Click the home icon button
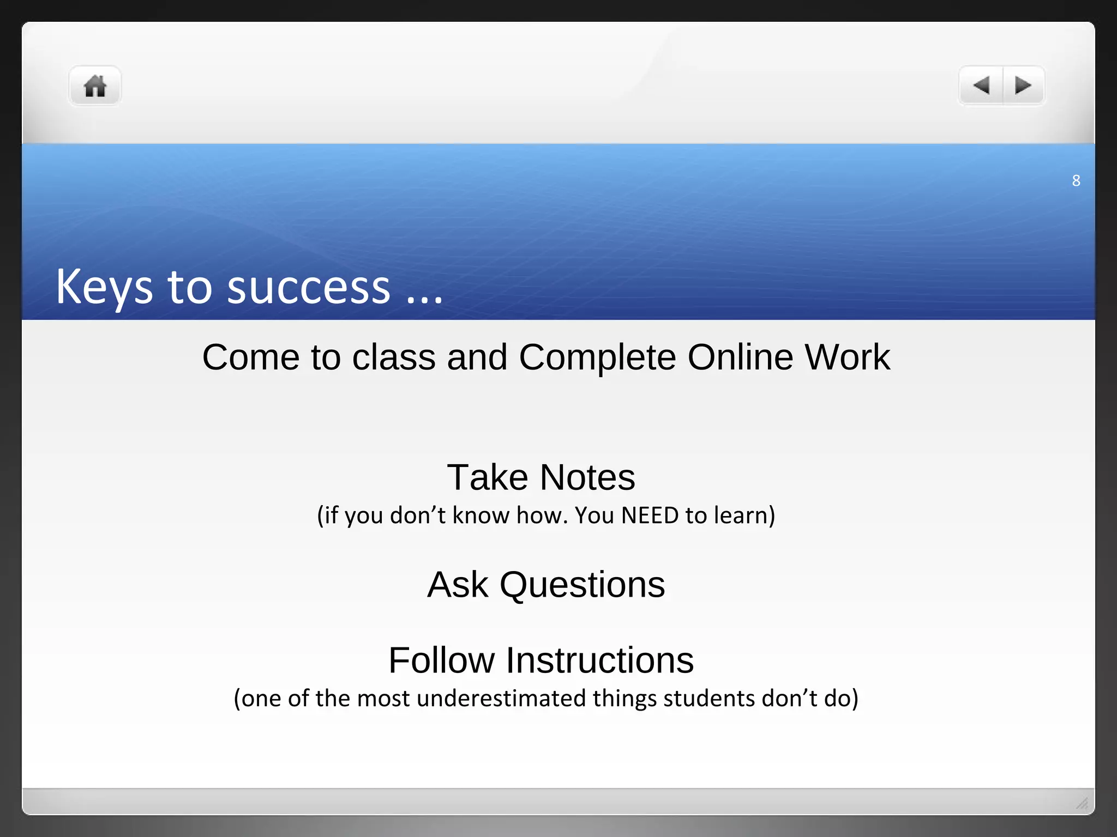point(95,86)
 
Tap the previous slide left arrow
point(981,86)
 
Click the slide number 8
point(1076,180)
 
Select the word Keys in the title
point(104,287)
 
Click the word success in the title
point(309,287)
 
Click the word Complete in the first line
point(597,357)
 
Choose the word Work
point(848,357)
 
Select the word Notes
point(587,477)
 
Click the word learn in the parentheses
point(740,515)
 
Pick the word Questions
point(582,585)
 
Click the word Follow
point(441,660)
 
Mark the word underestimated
point(501,699)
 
